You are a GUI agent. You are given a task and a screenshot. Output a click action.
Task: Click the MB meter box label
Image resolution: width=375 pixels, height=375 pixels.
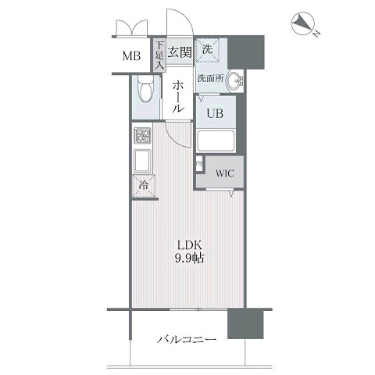coord(131,56)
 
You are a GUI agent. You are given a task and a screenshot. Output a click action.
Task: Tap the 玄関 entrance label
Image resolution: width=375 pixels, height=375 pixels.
coord(180,52)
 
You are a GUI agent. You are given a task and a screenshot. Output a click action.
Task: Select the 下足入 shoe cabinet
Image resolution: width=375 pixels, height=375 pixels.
coord(159,55)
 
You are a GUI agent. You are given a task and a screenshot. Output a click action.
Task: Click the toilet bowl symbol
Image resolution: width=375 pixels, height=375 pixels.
coord(146,89)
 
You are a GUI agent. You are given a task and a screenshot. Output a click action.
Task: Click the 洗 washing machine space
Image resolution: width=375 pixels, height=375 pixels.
coord(208,50)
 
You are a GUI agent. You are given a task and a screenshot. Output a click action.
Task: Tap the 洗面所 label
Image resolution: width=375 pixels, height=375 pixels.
coord(211,78)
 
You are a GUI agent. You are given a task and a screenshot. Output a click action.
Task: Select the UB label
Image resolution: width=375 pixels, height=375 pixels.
coord(215,113)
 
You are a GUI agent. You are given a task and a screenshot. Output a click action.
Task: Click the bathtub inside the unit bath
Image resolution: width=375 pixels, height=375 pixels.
coord(216,141)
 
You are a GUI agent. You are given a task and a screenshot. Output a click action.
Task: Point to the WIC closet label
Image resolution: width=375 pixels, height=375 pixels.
coord(224,173)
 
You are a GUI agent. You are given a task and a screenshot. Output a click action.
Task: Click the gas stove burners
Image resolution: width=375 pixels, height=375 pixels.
coord(142,135)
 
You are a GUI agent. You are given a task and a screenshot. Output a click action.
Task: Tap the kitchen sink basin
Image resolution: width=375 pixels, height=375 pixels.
coord(142,161)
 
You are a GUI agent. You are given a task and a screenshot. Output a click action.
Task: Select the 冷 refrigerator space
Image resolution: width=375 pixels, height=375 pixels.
coord(144,186)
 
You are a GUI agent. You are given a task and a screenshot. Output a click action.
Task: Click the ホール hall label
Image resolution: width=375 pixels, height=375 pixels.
coord(178,96)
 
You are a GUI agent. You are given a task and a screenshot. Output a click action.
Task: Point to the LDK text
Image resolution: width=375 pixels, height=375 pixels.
coord(190,245)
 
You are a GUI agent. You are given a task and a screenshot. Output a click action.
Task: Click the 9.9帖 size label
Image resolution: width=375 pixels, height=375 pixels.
coord(189,259)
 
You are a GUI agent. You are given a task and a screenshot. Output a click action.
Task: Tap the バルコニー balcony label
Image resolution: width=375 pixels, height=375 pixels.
coord(187,340)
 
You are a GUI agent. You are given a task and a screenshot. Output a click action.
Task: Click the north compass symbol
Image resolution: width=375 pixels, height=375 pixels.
coord(302,23)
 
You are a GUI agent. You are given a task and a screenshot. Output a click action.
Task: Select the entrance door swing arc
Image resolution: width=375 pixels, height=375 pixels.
coord(185,19)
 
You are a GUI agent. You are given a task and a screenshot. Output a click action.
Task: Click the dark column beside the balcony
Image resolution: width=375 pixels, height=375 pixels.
coord(245,323)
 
